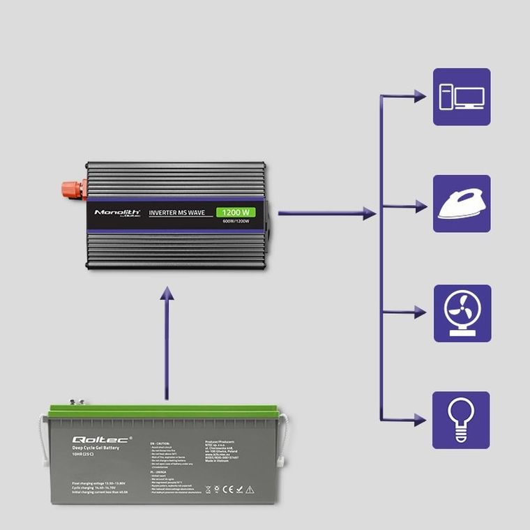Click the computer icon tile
click(x=461, y=96)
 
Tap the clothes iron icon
click(x=461, y=204)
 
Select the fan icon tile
click(x=461, y=312)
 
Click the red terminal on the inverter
click(x=73, y=188)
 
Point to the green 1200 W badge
click(x=236, y=212)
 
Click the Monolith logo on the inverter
click(x=117, y=212)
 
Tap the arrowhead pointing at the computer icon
click(x=419, y=96)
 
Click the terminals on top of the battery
click(x=77, y=402)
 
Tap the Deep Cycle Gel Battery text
click(x=96, y=448)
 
